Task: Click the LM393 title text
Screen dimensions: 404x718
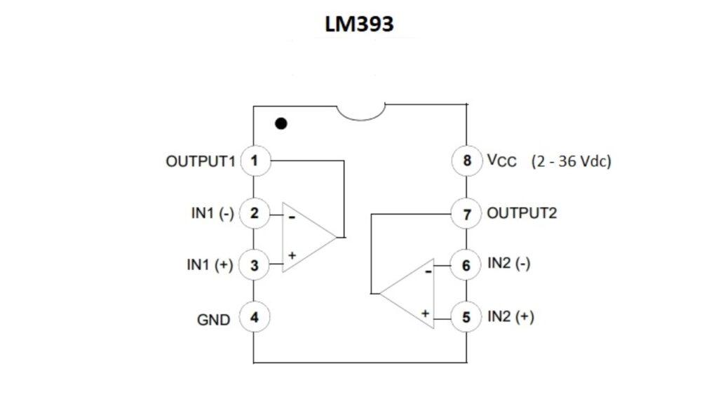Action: (359, 24)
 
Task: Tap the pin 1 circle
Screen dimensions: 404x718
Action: (255, 161)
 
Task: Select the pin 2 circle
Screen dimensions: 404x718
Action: (255, 213)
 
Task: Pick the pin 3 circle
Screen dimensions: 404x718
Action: (255, 265)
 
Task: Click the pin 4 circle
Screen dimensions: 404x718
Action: (255, 317)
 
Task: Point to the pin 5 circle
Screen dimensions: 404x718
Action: (466, 317)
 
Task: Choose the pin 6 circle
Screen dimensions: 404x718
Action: (466, 265)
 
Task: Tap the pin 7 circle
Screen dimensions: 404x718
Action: (466, 213)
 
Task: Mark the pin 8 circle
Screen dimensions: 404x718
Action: (466, 161)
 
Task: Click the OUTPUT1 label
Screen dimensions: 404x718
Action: (199, 161)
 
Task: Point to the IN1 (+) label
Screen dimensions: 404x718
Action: (210, 265)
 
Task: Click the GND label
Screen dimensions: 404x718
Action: (213, 320)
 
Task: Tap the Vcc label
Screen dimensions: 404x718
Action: (501, 161)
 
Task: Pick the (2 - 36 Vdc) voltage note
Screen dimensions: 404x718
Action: (571, 161)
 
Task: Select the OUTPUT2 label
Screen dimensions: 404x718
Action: (522, 213)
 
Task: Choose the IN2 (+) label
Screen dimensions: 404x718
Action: (510, 317)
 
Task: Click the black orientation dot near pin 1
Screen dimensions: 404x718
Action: (281, 124)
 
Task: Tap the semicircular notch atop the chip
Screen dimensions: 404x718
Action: (360, 112)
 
